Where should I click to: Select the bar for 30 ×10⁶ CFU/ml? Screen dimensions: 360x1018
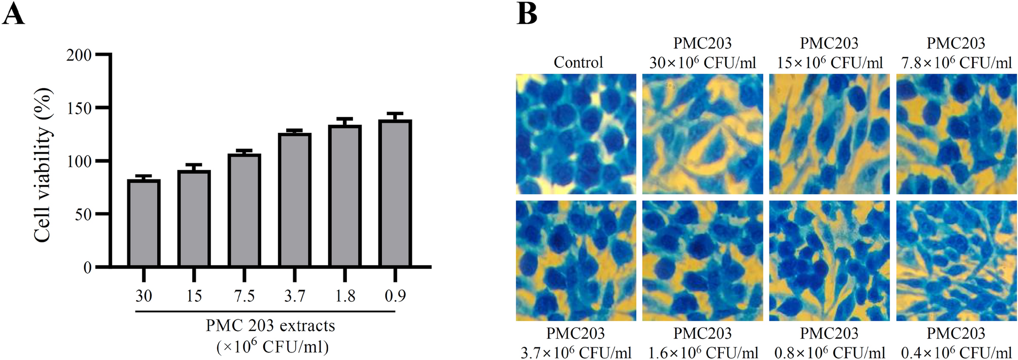(x=144, y=223)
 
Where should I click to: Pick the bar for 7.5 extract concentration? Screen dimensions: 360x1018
(x=244, y=210)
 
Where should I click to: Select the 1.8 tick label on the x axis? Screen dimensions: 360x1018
(x=345, y=296)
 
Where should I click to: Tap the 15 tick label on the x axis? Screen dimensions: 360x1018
(x=194, y=296)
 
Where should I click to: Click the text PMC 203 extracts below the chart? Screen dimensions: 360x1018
(x=270, y=326)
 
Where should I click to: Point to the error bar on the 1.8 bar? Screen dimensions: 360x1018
(x=345, y=121)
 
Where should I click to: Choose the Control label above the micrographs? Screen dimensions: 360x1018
(x=578, y=62)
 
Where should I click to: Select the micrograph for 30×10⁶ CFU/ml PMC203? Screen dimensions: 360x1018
(x=703, y=134)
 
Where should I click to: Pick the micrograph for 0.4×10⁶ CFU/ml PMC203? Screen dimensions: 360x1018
(x=956, y=261)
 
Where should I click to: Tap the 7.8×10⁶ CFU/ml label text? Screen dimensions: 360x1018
(x=956, y=63)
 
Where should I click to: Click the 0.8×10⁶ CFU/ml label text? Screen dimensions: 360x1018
(x=829, y=352)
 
